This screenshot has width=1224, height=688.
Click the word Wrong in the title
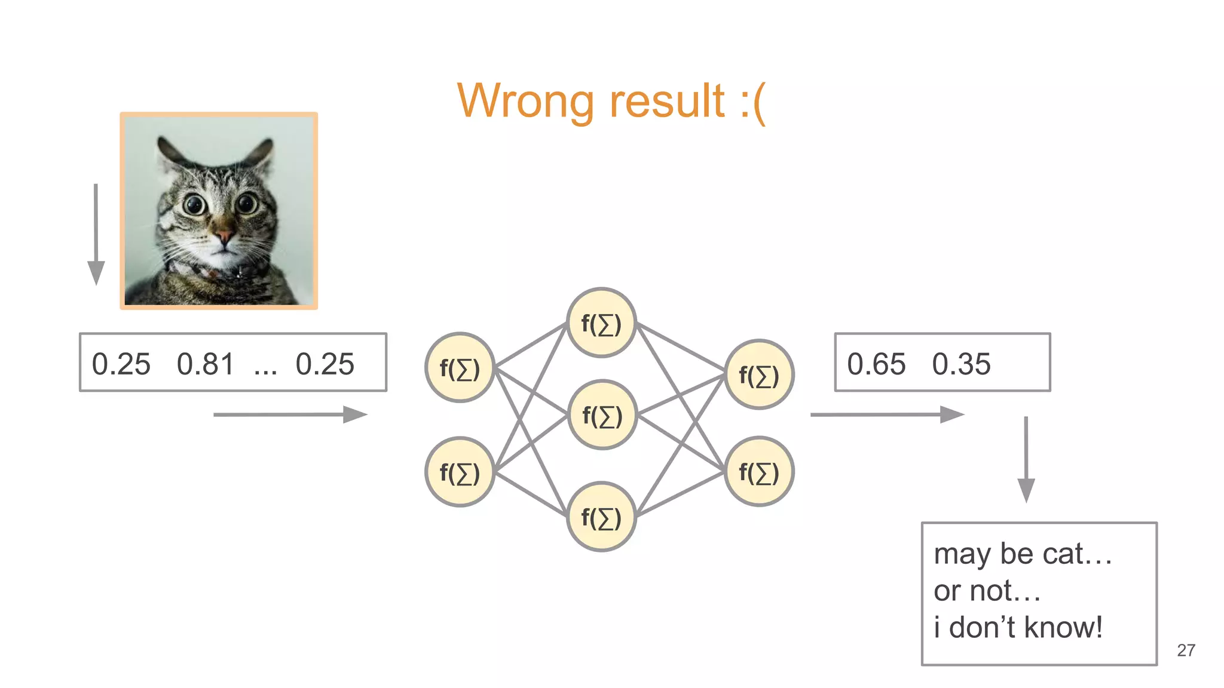coord(526,102)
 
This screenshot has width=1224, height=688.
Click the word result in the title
coord(667,102)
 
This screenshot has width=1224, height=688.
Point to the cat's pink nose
coord(224,236)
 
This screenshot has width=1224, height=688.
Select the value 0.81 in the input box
coord(205,364)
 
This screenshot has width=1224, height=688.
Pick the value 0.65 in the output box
coord(876,364)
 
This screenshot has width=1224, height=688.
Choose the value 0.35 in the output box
coord(961,364)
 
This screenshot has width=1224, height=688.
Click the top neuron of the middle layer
coord(601,323)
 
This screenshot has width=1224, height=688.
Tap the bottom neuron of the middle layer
coord(601,517)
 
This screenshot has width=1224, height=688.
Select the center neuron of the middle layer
coord(602,415)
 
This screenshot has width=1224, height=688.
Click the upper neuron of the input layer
coord(460,368)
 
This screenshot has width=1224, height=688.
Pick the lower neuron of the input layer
coord(460,472)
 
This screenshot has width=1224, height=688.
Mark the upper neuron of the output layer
coord(759,375)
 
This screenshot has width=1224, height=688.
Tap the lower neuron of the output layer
coord(759,472)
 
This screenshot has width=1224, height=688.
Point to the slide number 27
coord(1186,650)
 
